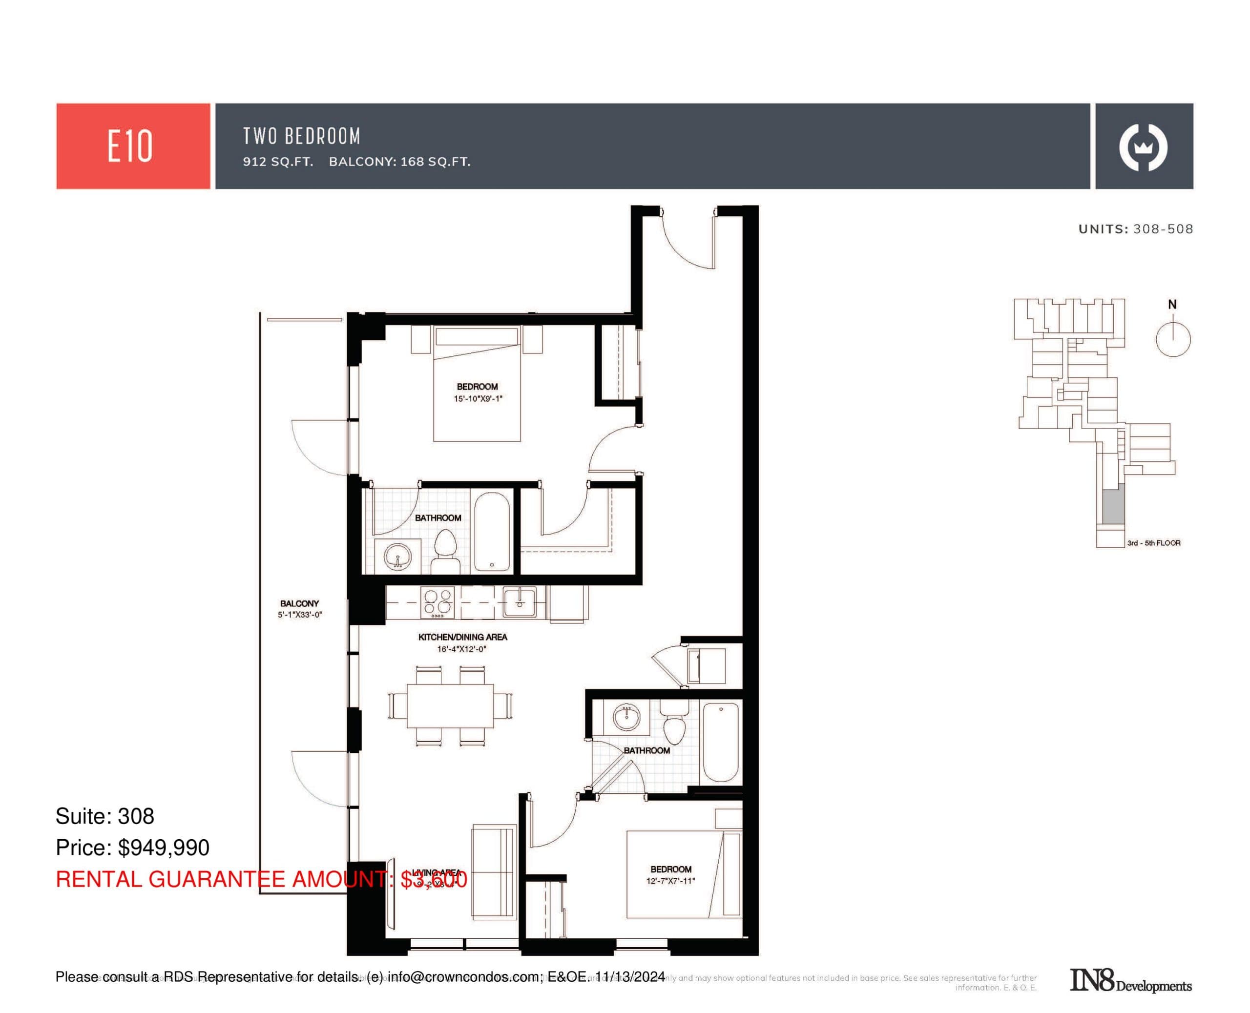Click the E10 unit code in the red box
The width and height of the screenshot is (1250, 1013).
129,146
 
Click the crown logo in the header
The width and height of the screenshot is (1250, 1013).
1143,146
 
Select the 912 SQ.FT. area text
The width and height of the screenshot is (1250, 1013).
278,162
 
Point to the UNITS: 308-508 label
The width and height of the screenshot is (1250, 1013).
1135,229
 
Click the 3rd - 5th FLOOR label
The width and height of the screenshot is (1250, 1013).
1153,543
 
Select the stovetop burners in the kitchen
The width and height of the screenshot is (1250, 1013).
437,602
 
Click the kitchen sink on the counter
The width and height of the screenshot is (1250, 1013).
519,601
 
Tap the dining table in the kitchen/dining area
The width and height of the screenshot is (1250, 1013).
450,705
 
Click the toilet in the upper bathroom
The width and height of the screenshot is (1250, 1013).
445,544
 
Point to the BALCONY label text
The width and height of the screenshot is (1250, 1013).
299,603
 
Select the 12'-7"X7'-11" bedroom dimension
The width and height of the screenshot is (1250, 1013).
670,881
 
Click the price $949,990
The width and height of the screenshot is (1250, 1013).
164,848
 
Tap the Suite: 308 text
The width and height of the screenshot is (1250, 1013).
105,816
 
